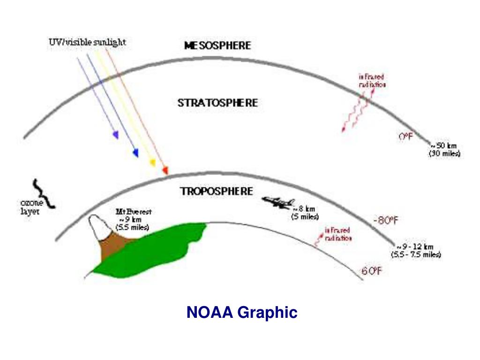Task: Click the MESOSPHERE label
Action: click(217, 45)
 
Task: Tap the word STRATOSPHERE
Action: click(217, 103)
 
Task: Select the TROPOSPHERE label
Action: click(217, 191)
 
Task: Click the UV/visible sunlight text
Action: click(88, 42)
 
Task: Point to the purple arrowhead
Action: click(115, 135)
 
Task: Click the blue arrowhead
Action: click(136, 153)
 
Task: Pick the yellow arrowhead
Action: click(152, 163)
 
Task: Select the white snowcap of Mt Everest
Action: click(100, 227)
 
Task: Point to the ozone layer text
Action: click(30, 207)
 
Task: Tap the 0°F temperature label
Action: click(405, 137)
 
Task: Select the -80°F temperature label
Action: click(386, 220)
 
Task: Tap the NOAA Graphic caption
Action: click(242, 312)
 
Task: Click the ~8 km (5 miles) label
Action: click(305, 213)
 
